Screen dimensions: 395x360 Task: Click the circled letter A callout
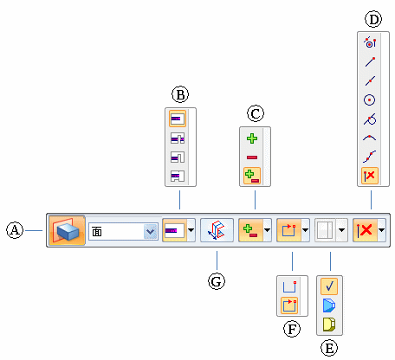(15, 230)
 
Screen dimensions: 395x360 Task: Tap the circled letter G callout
(217, 281)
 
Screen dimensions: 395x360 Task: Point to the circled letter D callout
(373, 20)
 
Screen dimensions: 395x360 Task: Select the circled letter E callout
(329, 348)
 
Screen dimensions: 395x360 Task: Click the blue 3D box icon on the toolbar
(67, 230)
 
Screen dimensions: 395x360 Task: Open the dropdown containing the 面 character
(123, 231)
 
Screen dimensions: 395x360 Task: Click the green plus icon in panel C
(252, 138)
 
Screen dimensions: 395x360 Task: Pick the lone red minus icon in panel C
(252, 157)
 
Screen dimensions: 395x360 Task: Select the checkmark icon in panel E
(329, 286)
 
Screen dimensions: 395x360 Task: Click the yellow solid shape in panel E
(329, 325)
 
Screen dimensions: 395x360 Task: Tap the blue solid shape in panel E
(329, 305)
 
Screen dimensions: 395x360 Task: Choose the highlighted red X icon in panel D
(370, 176)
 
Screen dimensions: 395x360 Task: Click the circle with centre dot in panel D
(370, 100)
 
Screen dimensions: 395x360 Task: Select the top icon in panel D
(370, 42)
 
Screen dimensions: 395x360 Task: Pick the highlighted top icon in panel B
(178, 119)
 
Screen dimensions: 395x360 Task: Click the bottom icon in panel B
(178, 176)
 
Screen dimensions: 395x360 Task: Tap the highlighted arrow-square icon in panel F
(289, 305)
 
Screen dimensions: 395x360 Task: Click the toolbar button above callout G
(217, 230)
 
